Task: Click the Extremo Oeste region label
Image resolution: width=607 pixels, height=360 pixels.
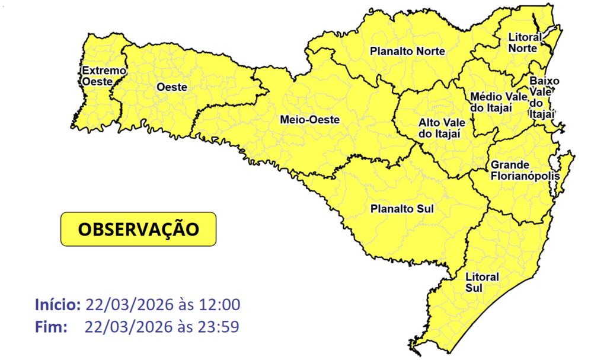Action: click(104, 76)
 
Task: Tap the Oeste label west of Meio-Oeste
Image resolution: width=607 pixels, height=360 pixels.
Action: click(171, 87)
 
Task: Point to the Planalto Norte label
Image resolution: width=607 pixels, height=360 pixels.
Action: click(407, 52)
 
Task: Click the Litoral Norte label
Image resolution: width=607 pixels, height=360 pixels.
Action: click(525, 42)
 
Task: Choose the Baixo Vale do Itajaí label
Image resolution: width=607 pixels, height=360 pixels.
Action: click(542, 97)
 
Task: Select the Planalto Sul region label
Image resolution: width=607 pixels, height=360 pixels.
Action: click(402, 209)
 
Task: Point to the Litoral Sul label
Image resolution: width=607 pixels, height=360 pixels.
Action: click(482, 282)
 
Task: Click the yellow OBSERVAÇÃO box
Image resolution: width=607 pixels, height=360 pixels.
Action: click(138, 229)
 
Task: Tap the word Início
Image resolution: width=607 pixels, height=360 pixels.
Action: click(57, 305)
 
